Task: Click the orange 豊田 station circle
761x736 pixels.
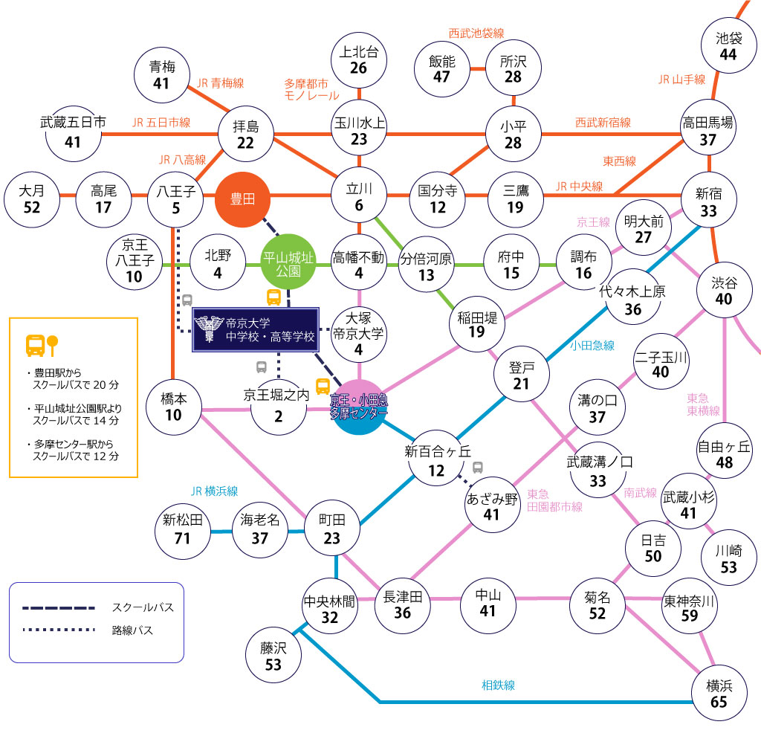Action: (x=242, y=199)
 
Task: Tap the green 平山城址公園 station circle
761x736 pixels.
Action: (x=288, y=262)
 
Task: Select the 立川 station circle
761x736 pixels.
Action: (x=359, y=196)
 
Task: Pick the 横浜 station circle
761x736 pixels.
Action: (x=719, y=693)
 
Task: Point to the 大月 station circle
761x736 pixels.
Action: (x=31, y=199)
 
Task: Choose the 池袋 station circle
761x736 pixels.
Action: (x=728, y=45)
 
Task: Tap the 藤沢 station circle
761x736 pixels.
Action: (x=273, y=656)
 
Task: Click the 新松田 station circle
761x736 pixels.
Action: (x=183, y=531)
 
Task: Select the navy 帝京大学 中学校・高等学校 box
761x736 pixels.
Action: (x=256, y=329)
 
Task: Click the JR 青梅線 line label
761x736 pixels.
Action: (x=220, y=83)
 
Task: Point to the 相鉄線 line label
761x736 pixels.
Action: (x=498, y=685)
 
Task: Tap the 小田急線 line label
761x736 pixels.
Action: (x=592, y=346)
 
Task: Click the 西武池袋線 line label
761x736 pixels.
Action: (x=476, y=33)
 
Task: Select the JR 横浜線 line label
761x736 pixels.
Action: (x=215, y=491)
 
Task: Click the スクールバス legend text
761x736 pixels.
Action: (x=143, y=607)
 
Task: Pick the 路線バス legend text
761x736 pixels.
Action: (x=132, y=630)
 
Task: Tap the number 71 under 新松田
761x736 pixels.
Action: (x=182, y=538)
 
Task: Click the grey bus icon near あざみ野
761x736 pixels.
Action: (x=478, y=468)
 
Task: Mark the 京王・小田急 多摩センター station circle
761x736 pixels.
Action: (x=359, y=407)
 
